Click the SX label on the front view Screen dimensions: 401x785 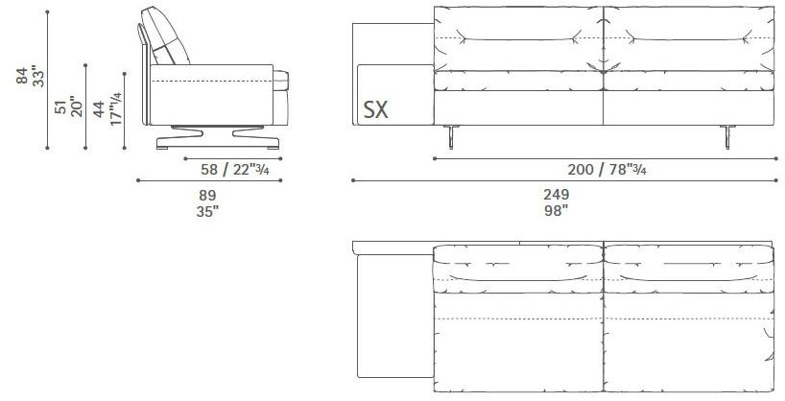376,109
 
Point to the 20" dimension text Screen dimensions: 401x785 77,106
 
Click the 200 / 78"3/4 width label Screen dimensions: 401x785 607,170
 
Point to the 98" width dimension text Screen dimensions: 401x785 557,211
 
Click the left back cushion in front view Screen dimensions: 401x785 518,38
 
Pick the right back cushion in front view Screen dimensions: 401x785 688,38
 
